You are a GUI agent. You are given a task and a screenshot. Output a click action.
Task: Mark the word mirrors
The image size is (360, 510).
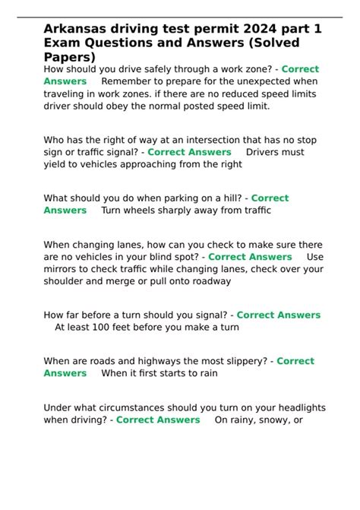[62, 269]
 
